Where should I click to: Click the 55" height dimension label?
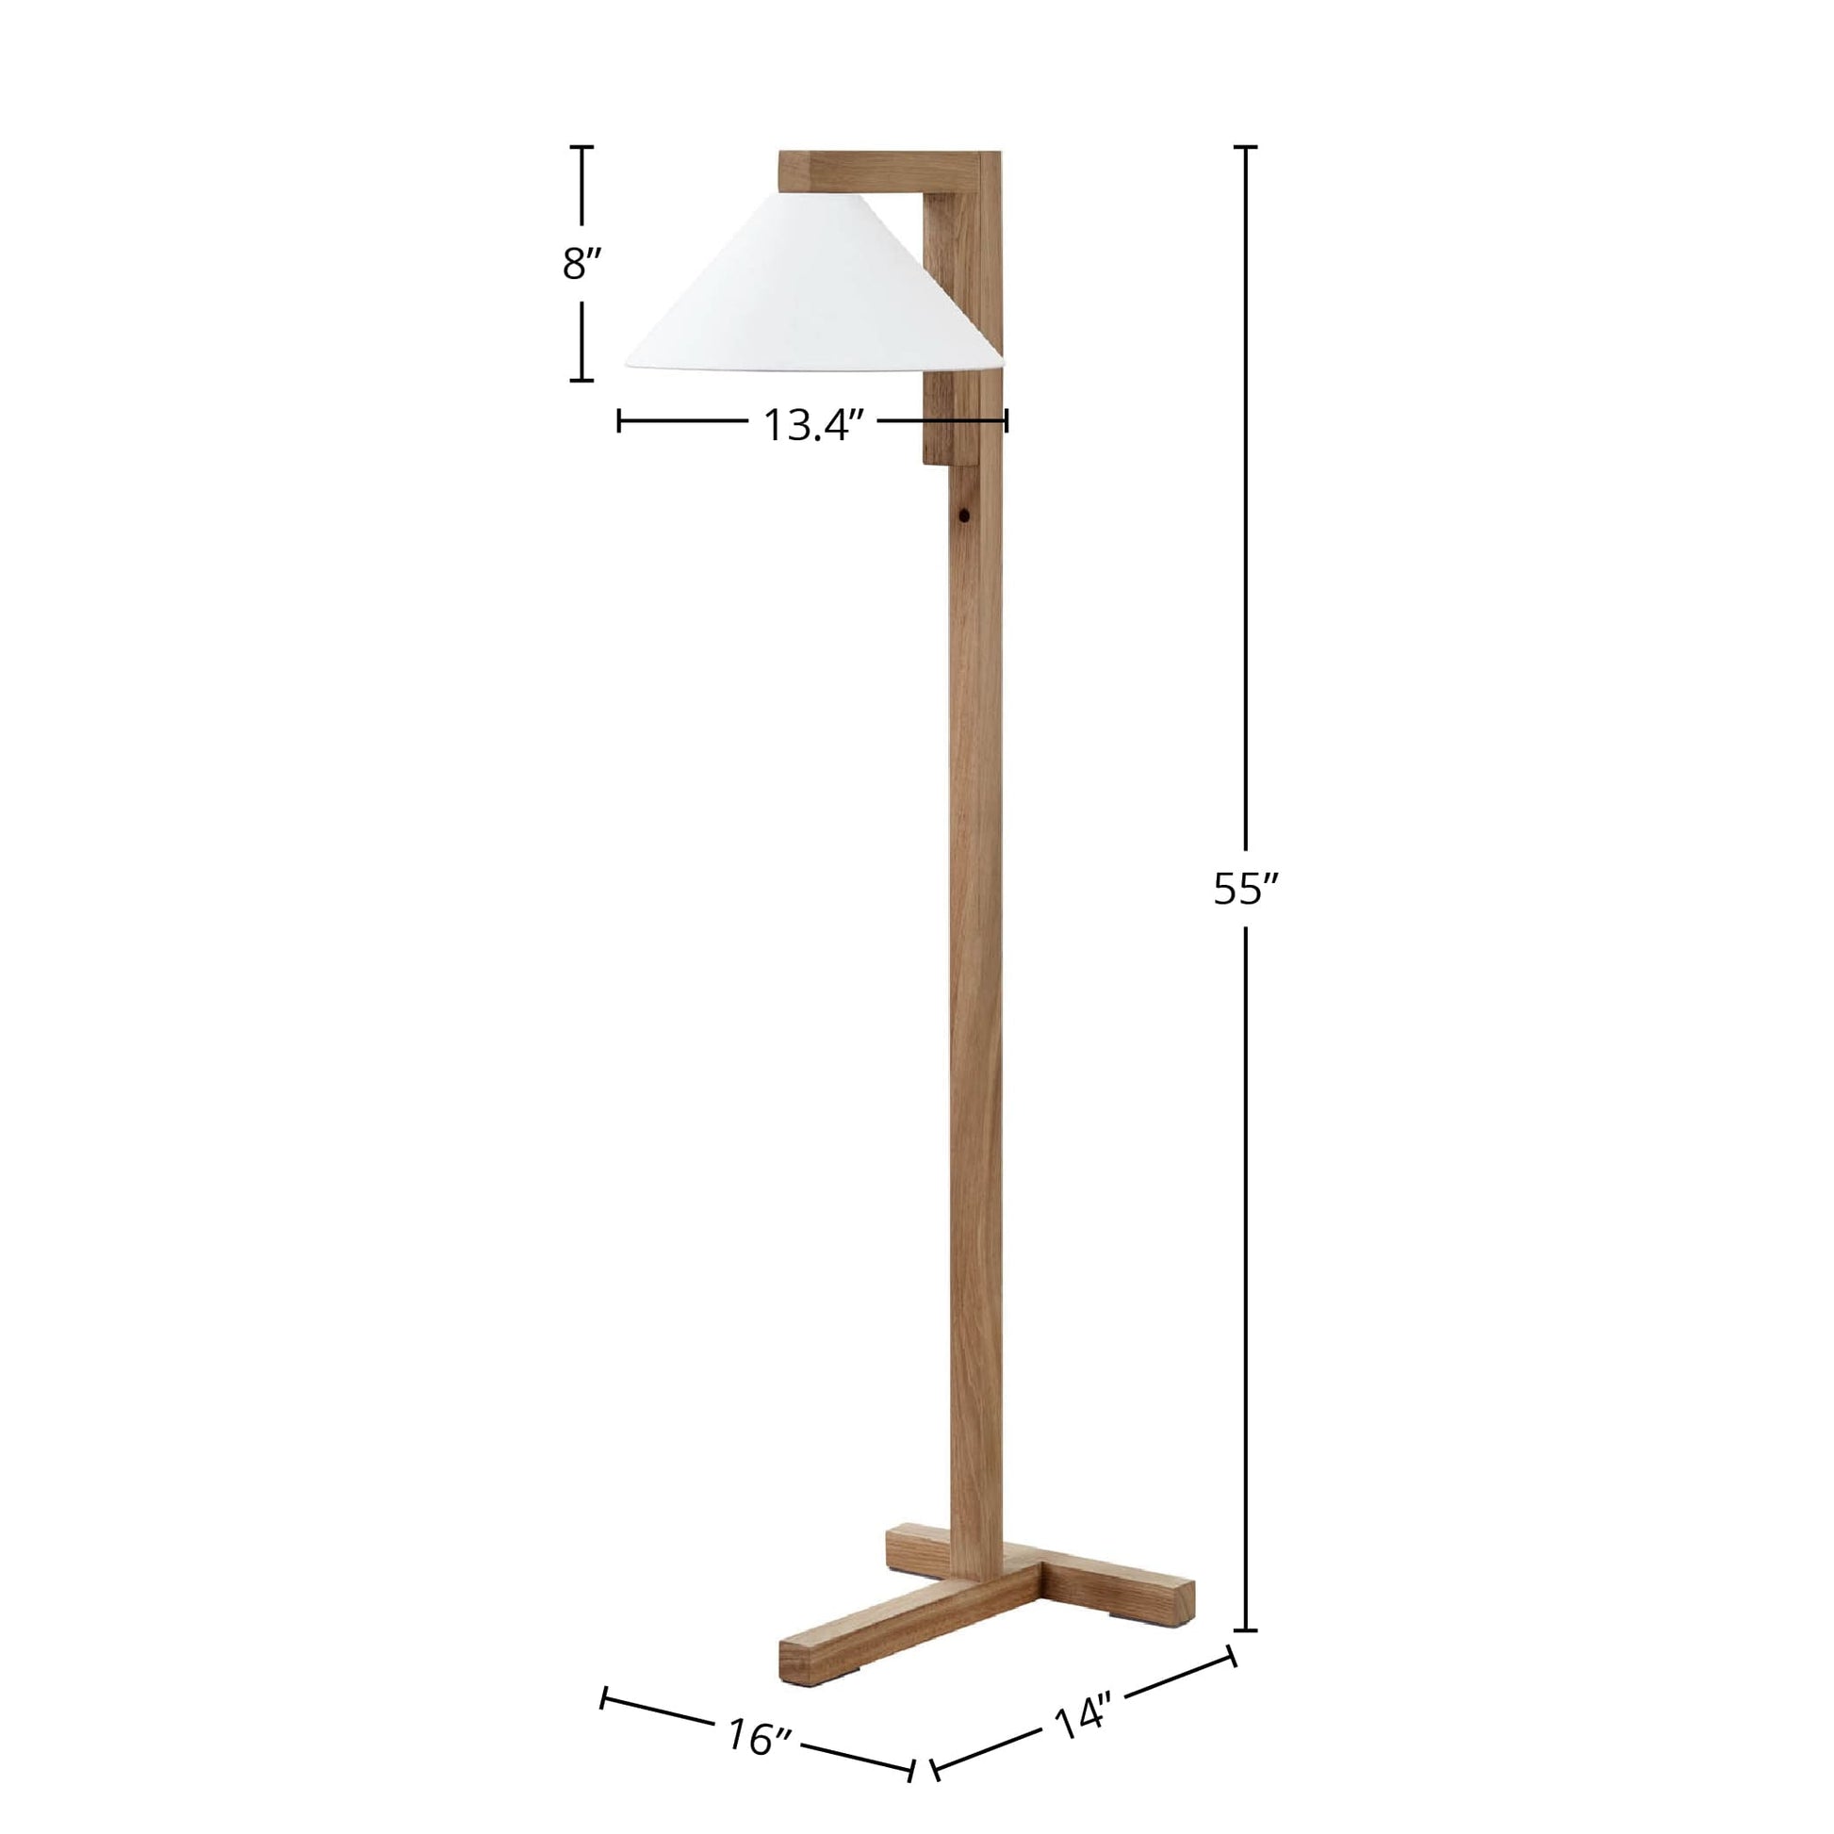[1247, 890]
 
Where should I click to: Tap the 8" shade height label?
[581, 264]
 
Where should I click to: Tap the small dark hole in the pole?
[963, 518]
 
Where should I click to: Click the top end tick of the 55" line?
[1246, 148]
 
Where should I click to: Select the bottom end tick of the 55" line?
[1246, 1630]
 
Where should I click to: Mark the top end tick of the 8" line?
[581, 148]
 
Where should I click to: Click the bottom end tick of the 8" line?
[581, 380]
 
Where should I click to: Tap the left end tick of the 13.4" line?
[619, 420]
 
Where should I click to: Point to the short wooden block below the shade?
[947, 418]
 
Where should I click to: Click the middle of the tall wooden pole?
[975, 949]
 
